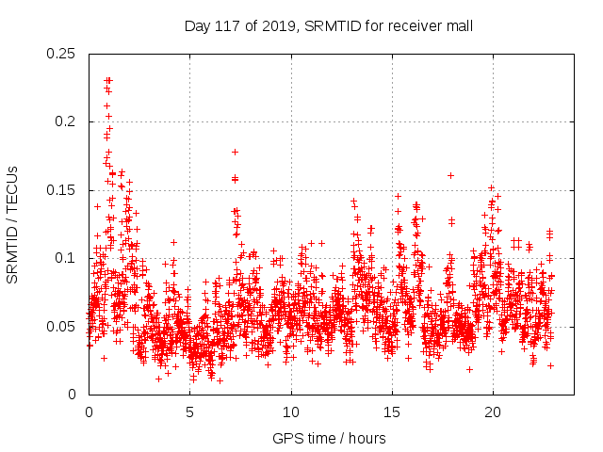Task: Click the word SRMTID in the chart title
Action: pyautogui.click(x=327, y=26)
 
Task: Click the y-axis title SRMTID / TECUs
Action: pyautogui.click(x=13, y=223)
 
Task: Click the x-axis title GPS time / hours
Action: pyautogui.click(x=330, y=438)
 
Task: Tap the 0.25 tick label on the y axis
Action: pyautogui.click(x=62, y=54)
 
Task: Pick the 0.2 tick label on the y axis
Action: pyautogui.click(x=66, y=121)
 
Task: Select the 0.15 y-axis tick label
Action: pyautogui.click(x=62, y=190)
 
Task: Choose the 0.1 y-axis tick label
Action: pyautogui.click(x=66, y=258)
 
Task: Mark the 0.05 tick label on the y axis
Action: pyautogui.click(x=62, y=327)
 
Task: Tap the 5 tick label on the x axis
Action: pyautogui.click(x=190, y=412)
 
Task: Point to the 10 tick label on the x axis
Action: pyautogui.click(x=291, y=412)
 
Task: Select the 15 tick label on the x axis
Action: pyautogui.click(x=392, y=412)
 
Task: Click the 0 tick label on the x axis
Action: pyautogui.click(x=90, y=412)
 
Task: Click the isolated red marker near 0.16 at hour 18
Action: pyautogui.click(x=451, y=175)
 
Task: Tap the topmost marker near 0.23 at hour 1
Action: pyautogui.click(x=108, y=81)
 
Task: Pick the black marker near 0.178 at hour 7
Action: pyautogui.click(x=235, y=152)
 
